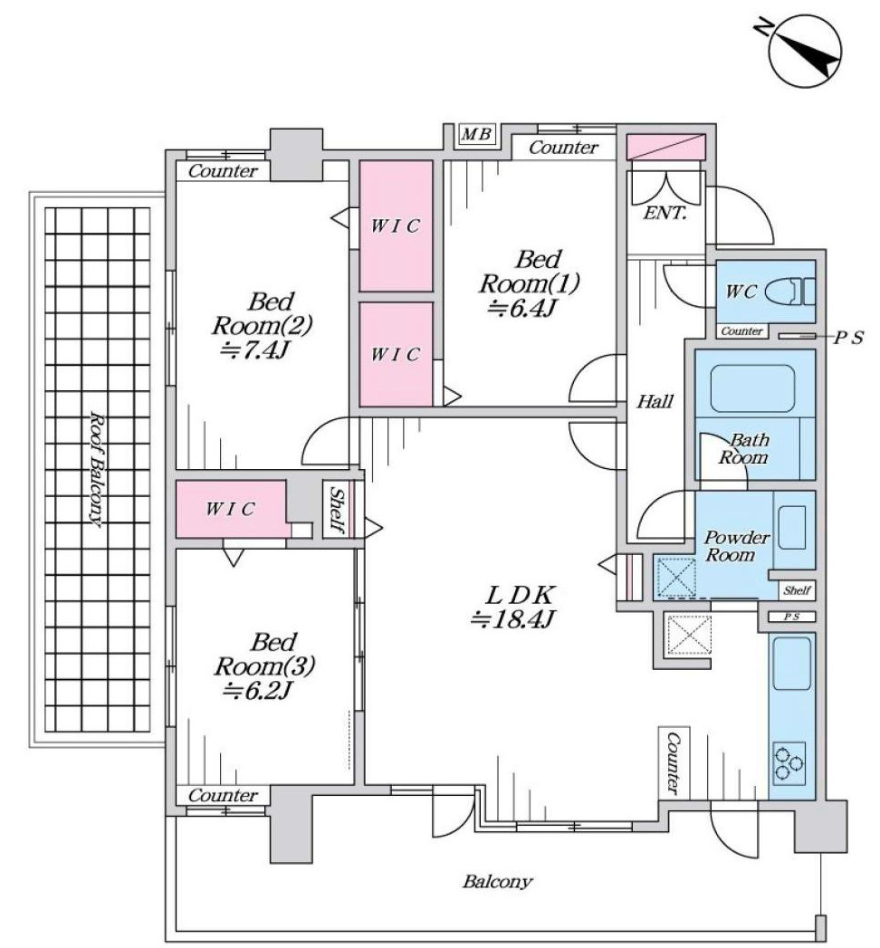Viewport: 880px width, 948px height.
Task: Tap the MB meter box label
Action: tap(476, 134)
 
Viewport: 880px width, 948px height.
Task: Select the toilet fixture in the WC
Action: tap(790, 292)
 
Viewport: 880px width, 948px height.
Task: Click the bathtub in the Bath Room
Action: tap(751, 388)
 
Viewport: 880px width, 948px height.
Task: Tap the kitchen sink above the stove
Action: tap(791, 663)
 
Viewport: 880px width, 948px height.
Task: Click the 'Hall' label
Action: tap(655, 401)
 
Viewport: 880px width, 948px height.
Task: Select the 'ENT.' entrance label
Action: tap(665, 213)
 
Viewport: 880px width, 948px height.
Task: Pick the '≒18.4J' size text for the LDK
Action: tap(513, 619)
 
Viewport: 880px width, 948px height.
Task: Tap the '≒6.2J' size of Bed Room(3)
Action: tap(256, 691)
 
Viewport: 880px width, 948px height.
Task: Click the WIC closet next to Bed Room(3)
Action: tap(230, 509)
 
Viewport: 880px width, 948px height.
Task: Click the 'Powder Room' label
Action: tap(736, 546)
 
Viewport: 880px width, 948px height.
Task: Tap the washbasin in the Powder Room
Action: tap(791, 528)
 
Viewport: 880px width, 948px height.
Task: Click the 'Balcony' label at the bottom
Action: tap(497, 882)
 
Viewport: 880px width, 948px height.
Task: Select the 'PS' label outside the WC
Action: tap(848, 338)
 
